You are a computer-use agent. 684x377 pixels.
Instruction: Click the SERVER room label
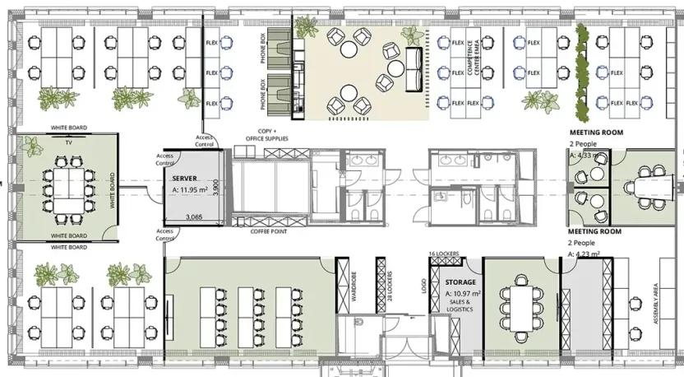coord(185,178)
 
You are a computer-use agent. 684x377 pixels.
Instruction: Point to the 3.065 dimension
coord(194,217)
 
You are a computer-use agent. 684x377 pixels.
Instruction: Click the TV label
coord(68,141)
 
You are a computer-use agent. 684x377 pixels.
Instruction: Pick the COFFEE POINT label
coord(268,231)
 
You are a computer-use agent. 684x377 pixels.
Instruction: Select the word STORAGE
coord(460,282)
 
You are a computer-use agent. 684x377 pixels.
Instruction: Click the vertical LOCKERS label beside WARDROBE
coord(390,285)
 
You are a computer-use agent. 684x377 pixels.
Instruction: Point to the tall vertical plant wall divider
coord(583,70)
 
